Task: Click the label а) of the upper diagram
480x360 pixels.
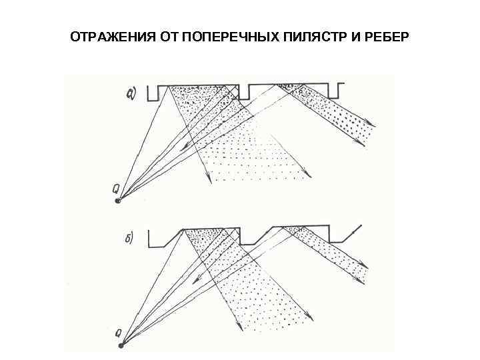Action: coord(132,93)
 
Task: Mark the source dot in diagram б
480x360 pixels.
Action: coord(121,345)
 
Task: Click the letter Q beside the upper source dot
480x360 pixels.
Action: coord(116,190)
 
